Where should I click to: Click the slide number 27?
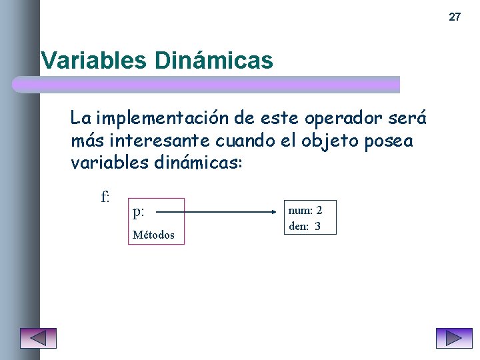(454, 17)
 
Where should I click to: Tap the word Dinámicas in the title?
(213, 61)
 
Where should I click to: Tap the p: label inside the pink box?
(139, 213)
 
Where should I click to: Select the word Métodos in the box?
(153, 235)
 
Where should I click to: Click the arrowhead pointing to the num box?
(279, 213)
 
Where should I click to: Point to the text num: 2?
(305, 211)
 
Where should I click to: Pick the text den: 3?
(305, 226)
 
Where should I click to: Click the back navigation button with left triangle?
(38, 338)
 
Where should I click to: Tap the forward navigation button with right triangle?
(453, 338)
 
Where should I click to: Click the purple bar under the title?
(207, 84)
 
